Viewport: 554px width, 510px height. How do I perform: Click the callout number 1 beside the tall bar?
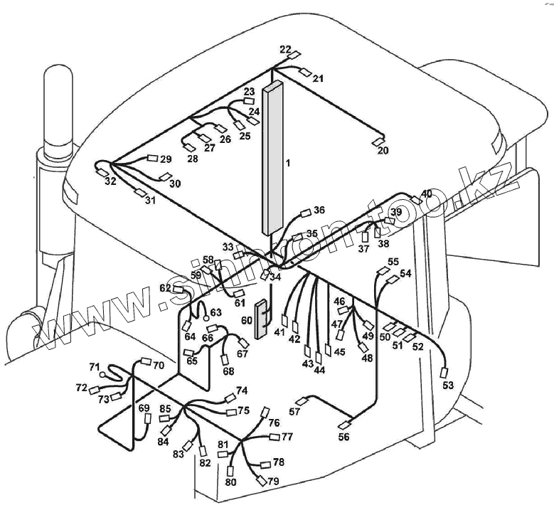coord(288,163)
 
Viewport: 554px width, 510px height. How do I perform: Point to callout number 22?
coord(285,49)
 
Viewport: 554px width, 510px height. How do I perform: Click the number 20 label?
coord(383,151)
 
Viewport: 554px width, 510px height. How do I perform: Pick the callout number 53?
coord(447,386)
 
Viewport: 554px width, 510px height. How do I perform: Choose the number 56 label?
coord(343,437)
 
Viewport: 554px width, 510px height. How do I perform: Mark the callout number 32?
coord(110,181)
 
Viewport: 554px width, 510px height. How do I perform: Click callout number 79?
coord(273,482)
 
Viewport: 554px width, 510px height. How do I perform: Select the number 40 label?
coord(427,193)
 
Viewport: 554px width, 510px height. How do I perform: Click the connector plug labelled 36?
coord(307,212)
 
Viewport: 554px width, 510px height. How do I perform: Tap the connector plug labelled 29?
coord(151,159)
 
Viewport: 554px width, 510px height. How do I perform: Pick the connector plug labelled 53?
coord(446,372)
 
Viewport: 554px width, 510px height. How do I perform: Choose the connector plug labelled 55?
coord(380,271)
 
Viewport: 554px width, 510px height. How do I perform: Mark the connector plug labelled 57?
coord(307,400)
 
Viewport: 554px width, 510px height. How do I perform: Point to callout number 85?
coord(165,408)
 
